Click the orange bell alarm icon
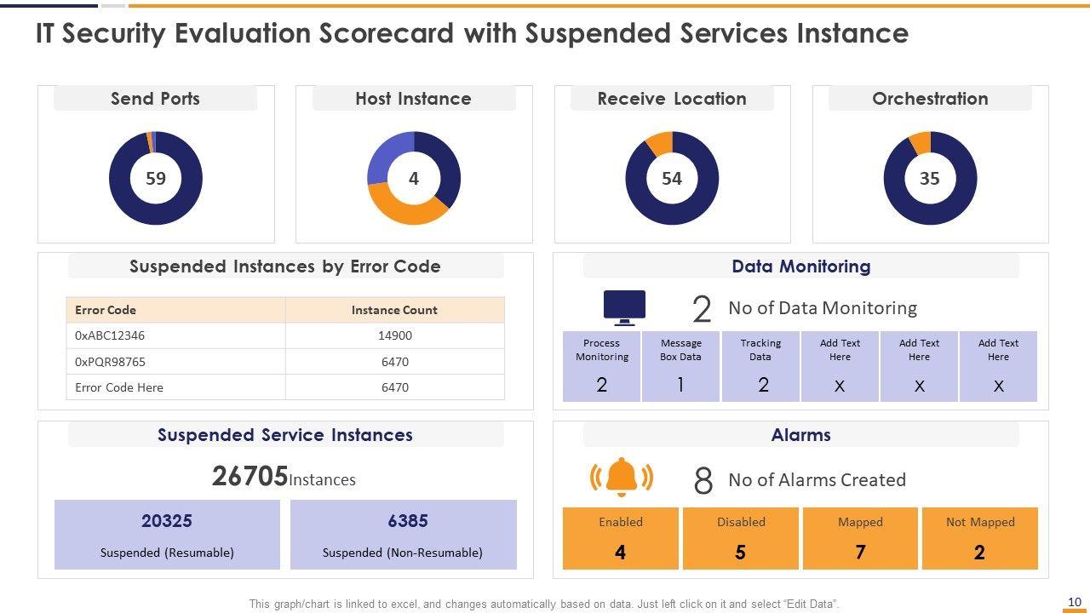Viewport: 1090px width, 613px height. pos(622,478)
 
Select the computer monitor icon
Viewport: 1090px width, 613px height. pos(624,307)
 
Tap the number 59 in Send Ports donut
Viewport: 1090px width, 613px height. pos(156,179)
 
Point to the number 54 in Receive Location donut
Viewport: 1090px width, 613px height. pos(672,179)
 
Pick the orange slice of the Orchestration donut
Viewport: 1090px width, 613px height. pos(921,142)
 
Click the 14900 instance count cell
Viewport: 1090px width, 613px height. pos(395,335)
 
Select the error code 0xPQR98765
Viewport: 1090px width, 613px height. pos(110,362)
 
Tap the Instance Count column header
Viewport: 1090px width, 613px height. pos(394,310)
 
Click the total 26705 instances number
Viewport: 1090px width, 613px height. pos(250,477)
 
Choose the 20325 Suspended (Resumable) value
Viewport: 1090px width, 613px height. pos(167,521)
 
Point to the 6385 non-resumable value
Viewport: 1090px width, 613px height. pos(408,521)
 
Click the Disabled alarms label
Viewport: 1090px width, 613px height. pos(741,522)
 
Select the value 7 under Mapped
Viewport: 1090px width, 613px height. pos(860,553)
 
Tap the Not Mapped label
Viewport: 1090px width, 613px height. pos(980,522)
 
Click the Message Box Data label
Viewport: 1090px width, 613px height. pos(680,350)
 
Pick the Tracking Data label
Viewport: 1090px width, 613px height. pos(760,350)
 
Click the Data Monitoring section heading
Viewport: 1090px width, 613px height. pos(800,266)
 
